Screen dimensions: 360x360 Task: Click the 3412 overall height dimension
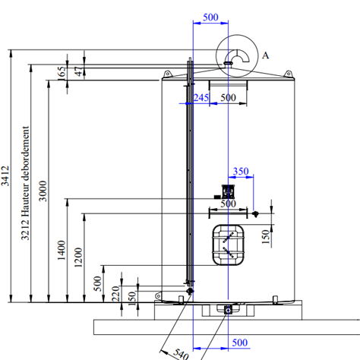point(5,175)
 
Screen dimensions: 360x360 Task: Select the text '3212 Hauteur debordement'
point(25,183)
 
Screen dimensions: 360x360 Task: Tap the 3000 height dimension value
point(43,191)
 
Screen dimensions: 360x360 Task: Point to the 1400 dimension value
point(62,250)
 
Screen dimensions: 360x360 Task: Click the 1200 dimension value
point(78,257)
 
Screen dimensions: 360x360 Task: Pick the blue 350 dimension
point(241,172)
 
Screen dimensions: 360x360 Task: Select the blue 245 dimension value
point(201,97)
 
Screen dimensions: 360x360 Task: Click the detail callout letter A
point(265,55)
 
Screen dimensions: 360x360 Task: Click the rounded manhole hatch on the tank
point(229,245)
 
